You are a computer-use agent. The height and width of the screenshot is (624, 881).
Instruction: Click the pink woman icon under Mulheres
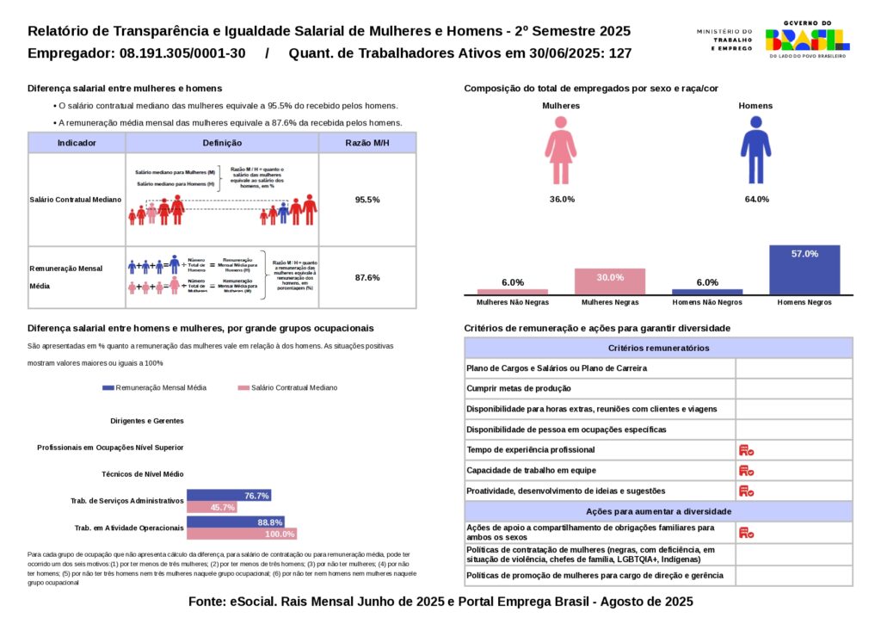coord(560,151)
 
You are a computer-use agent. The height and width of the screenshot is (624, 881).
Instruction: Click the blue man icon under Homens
coord(755,151)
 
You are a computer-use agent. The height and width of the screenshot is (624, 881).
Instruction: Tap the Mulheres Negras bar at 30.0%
coord(610,282)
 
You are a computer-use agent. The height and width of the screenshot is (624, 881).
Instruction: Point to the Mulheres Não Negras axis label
coord(513,303)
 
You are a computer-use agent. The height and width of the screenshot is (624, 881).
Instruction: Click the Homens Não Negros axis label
coord(707,303)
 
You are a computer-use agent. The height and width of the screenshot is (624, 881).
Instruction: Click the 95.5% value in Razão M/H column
coord(367,200)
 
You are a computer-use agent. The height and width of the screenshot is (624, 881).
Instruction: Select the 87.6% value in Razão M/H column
coord(367,277)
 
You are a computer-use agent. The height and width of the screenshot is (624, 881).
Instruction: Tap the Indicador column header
coord(77,143)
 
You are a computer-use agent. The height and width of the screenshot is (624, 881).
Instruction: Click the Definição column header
coord(222,143)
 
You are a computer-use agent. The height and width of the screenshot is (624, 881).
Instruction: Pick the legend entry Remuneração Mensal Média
coord(154,388)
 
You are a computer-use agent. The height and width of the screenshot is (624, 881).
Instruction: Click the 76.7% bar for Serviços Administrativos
coord(229,496)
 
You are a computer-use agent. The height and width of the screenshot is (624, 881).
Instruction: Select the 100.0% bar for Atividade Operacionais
coord(242,534)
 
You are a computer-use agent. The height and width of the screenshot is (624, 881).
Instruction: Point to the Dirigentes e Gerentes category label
coord(147,421)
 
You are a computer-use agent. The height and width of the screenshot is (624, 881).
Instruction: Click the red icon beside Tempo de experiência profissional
coord(746,450)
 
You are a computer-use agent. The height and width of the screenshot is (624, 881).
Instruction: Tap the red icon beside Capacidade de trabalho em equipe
coord(746,471)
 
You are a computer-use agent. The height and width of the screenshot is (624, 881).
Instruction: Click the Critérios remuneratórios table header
coord(658,348)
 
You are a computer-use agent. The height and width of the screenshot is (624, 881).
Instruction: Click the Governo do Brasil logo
coord(807,38)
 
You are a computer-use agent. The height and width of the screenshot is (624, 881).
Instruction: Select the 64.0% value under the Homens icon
coord(755,200)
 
